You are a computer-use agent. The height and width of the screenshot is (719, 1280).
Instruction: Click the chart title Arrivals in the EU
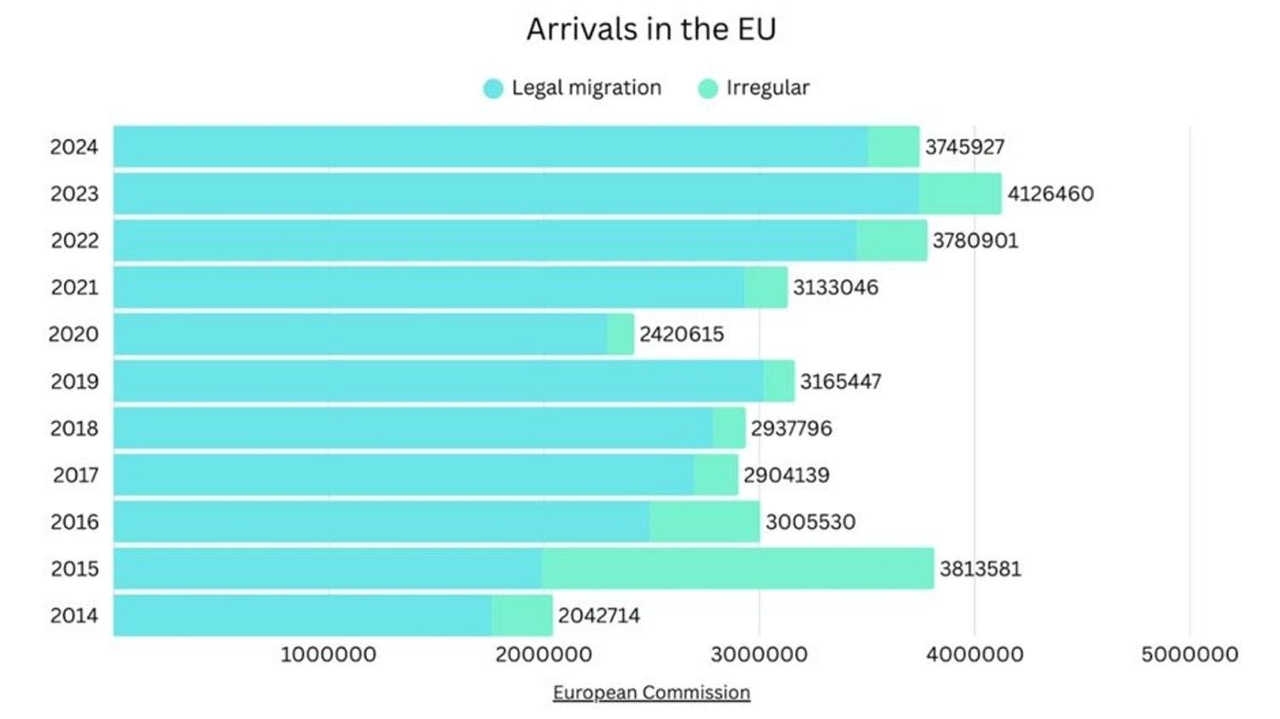click(x=651, y=29)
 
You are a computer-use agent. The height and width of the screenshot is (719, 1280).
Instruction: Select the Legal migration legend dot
click(x=493, y=88)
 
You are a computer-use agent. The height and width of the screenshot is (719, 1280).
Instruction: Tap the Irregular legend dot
click(x=707, y=88)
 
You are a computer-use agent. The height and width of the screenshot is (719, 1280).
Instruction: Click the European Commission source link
click(x=651, y=693)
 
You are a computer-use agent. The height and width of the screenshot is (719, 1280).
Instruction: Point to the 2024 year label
click(x=74, y=147)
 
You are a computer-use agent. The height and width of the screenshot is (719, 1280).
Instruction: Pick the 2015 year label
click(x=74, y=569)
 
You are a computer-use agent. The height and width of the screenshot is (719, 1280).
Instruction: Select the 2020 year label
click(x=73, y=334)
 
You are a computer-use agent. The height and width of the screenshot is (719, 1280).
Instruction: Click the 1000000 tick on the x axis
click(x=329, y=655)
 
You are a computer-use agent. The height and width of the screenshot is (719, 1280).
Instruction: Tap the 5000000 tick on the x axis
click(x=1190, y=655)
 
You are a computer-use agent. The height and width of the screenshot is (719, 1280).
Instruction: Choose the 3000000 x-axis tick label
click(x=759, y=655)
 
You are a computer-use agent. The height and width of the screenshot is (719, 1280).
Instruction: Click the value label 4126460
click(x=1050, y=194)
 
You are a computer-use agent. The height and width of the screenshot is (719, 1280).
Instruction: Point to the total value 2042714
click(x=599, y=616)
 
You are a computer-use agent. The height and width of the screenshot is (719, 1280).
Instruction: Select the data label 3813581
click(x=980, y=569)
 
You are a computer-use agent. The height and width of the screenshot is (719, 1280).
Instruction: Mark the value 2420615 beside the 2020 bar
click(x=682, y=334)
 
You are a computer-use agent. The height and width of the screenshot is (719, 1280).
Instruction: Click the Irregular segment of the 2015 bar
click(x=737, y=569)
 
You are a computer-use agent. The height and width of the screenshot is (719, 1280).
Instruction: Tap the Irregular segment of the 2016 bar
click(x=704, y=522)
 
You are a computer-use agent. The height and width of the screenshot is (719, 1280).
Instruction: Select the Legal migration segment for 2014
click(x=302, y=616)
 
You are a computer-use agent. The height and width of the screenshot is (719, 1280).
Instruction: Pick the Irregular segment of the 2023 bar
click(x=960, y=194)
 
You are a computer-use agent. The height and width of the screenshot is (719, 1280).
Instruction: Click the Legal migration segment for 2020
click(x=360, y=334)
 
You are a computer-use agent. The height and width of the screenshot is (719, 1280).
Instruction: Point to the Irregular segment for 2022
click(x=892, y=241)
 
